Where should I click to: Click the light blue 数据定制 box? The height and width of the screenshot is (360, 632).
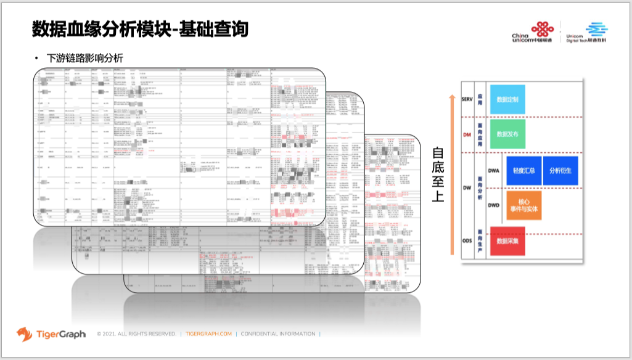(x=507, y=99)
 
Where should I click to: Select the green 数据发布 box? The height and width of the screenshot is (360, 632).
(x=507, y=133)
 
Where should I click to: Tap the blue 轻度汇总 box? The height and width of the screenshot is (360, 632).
(x=523, y=170)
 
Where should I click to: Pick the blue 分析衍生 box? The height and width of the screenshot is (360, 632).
(x=560, y=170)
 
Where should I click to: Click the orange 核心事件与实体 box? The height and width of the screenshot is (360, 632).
(x=523, y=205)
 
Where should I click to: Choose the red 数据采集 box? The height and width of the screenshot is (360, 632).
(x=507, y=241)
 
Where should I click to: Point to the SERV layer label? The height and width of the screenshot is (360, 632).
(x=467, y=99)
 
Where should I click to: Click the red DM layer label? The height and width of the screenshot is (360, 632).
(x=467, y=134)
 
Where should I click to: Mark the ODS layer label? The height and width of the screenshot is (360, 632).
(x=467, y=241)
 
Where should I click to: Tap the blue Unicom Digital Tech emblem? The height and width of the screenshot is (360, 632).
(x=596, y=28)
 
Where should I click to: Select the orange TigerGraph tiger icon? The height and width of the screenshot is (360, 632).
(x=25, y=333)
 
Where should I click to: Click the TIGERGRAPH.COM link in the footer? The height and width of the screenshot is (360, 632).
(x=208, y=334)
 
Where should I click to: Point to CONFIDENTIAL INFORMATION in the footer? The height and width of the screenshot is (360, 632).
(x=277, y=334)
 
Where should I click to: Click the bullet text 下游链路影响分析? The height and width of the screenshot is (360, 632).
(x=85, y=59)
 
